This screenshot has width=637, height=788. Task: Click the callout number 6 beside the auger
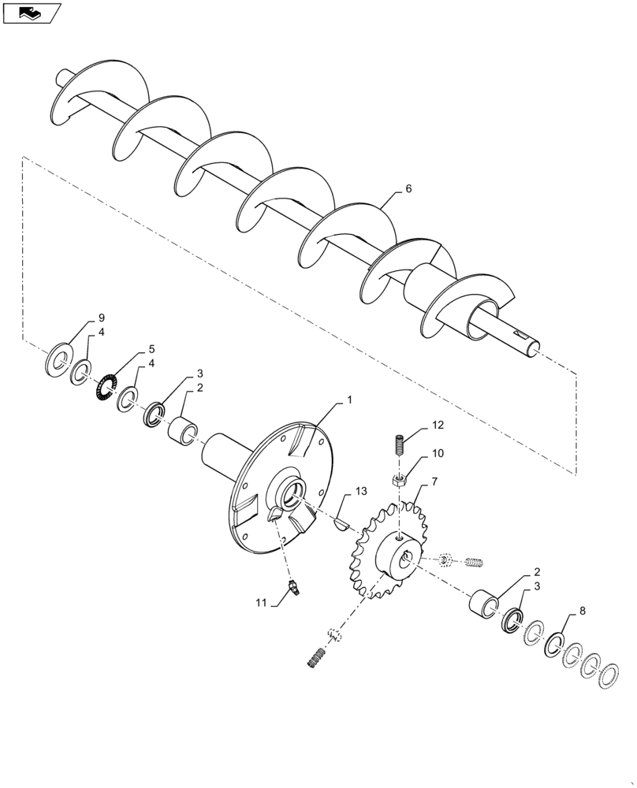pos(408,189)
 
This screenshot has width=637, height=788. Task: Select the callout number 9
pos(101,318)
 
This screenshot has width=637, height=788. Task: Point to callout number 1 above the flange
pos(349,401)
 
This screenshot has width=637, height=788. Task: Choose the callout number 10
pos(438,455)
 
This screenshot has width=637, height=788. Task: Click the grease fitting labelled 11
pos(294,587)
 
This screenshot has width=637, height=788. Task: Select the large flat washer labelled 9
pos(58,359)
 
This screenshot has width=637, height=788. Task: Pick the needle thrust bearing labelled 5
pos(105,384)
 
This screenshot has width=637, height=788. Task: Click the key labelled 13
pos(343,523)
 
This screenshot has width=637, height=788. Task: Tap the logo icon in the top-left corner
pos(31,13)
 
